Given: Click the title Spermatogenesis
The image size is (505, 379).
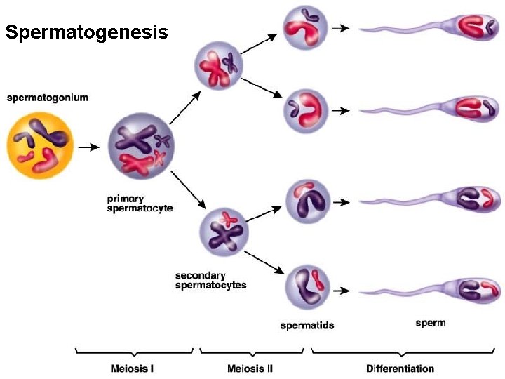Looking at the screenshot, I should [86, 32].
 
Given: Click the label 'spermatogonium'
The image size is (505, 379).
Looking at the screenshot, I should [48, 98].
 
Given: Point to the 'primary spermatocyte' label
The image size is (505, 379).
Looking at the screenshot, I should [140, 204].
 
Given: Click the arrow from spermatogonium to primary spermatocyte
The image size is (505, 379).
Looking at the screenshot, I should [89, 148].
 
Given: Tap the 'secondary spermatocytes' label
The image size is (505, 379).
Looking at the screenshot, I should [210, 281].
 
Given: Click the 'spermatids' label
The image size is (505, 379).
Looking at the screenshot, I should [307, 326].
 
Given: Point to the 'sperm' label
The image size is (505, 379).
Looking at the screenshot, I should [430, 324].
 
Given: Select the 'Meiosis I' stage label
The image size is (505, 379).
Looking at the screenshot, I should [133, 368].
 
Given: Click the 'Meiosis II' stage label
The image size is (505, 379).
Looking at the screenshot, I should [250, 368].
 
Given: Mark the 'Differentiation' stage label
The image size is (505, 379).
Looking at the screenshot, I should [400, 368].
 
